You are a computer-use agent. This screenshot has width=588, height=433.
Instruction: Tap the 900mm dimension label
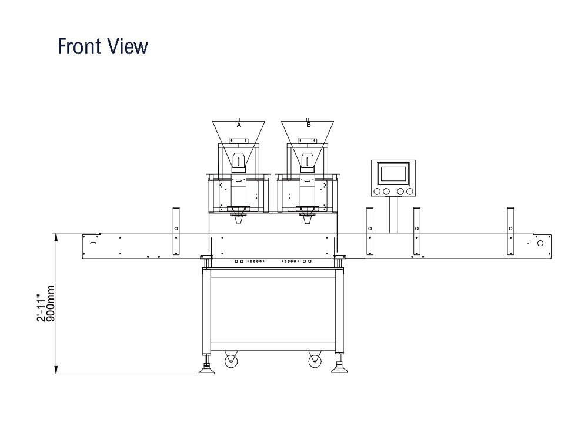51,303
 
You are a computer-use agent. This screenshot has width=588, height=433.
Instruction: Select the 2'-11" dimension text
41,303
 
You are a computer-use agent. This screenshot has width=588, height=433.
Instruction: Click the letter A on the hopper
239,125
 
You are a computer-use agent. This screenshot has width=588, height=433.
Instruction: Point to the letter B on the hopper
309,125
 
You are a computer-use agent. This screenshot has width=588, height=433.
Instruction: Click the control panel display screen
393,173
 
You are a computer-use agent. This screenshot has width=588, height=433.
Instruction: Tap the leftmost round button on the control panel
377,192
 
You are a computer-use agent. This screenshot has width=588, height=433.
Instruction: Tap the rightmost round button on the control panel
409,192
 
